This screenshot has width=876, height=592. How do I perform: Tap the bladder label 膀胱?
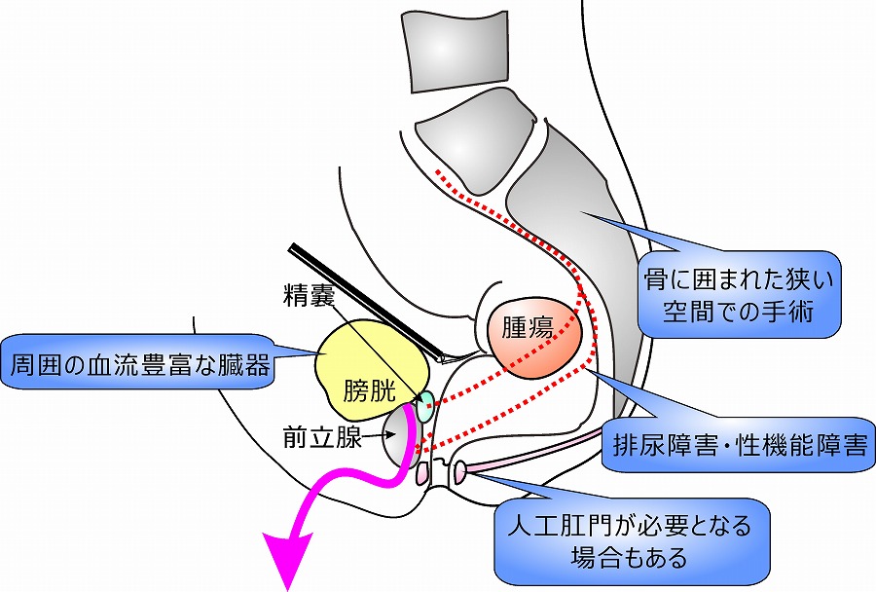pyautogui.click(x=370, y=390)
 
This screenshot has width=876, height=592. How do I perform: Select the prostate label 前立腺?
pyautogui.click(x=316, y=437)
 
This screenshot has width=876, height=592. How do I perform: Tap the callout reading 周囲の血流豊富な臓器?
pyautogui.click(x=140, y=365)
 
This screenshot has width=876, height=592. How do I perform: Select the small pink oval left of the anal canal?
pyautogui.click(x=422, y=474)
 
